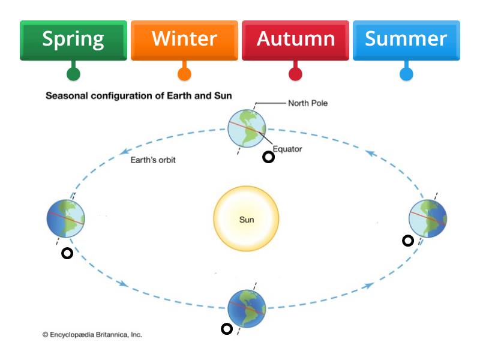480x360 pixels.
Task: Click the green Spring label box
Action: click(x=73, y=40)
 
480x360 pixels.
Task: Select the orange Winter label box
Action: click(x=184, y=40)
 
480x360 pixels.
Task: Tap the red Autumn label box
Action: click(x=295, y=40)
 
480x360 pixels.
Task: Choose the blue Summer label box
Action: click(x=406, y=40)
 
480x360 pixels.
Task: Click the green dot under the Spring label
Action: click(x=73, y=74)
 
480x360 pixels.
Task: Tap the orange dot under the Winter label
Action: click(x=184, y=74)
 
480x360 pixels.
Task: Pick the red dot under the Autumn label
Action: click(x=295, y=74)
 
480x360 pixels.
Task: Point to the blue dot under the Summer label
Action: click(x=406, y=74)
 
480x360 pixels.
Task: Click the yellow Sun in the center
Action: click(x=246, y=219)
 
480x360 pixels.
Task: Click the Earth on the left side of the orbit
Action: click(x=65, y=218)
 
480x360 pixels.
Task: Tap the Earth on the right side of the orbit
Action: click(x=427, y=218)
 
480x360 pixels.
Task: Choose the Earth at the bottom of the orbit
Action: click(x=247, y=308)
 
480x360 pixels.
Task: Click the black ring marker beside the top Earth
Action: click(x=269, y=157)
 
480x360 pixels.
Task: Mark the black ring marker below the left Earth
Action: click(x=67, y=253)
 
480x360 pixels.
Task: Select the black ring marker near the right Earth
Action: click(x=408, y=241)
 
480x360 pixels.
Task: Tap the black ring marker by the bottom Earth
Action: click(x=226, y=329)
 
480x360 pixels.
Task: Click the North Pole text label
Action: click(x=308, y=103)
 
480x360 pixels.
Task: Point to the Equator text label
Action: click(x=287, y=149)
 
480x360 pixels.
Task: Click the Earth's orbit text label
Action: click(x=153, y=160)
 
